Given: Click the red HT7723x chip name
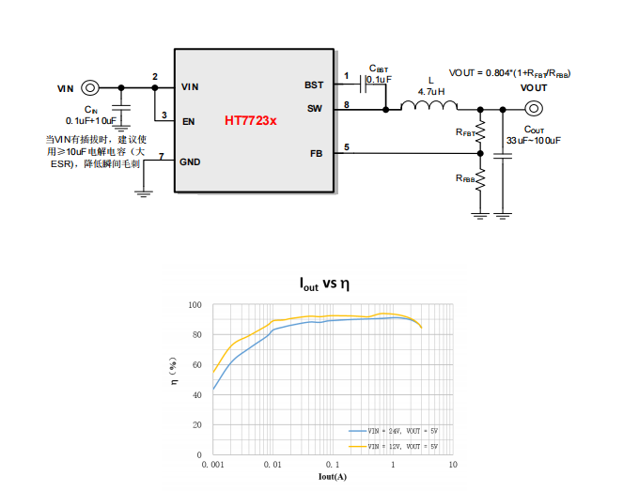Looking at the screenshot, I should pyautogui.click(x=250, y=121).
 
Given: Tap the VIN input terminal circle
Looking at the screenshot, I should pyautogui.click(x=90, y=88).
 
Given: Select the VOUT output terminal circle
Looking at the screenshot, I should pyautogui.click(x=534, y=109).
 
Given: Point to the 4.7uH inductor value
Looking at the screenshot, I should pyautogui.click(x=431, y=91).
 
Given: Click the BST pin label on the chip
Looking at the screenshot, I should pyautogui.click(x=314, y=84).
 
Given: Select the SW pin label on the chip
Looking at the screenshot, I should pyautogui.click(x=315, y=109).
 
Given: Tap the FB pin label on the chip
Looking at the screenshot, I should pyautogui.click(x=316, y=152).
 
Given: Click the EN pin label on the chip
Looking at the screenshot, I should pyautogui.click(x=189, y=121).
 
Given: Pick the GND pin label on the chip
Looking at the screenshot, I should pyautogui.click(x=191, y=162).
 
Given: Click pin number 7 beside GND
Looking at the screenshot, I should pyautogui.click(x=162, y=156).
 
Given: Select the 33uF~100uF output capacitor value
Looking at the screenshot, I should pyautogui.click(x=533, y=140).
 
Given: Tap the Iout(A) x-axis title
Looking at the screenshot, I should pyautogui.click(x=333, y=477).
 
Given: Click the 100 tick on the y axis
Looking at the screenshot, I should pyautogui.click(x=195, y=305).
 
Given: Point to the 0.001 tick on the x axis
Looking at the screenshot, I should pyautogui.click(x=213, y=464).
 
